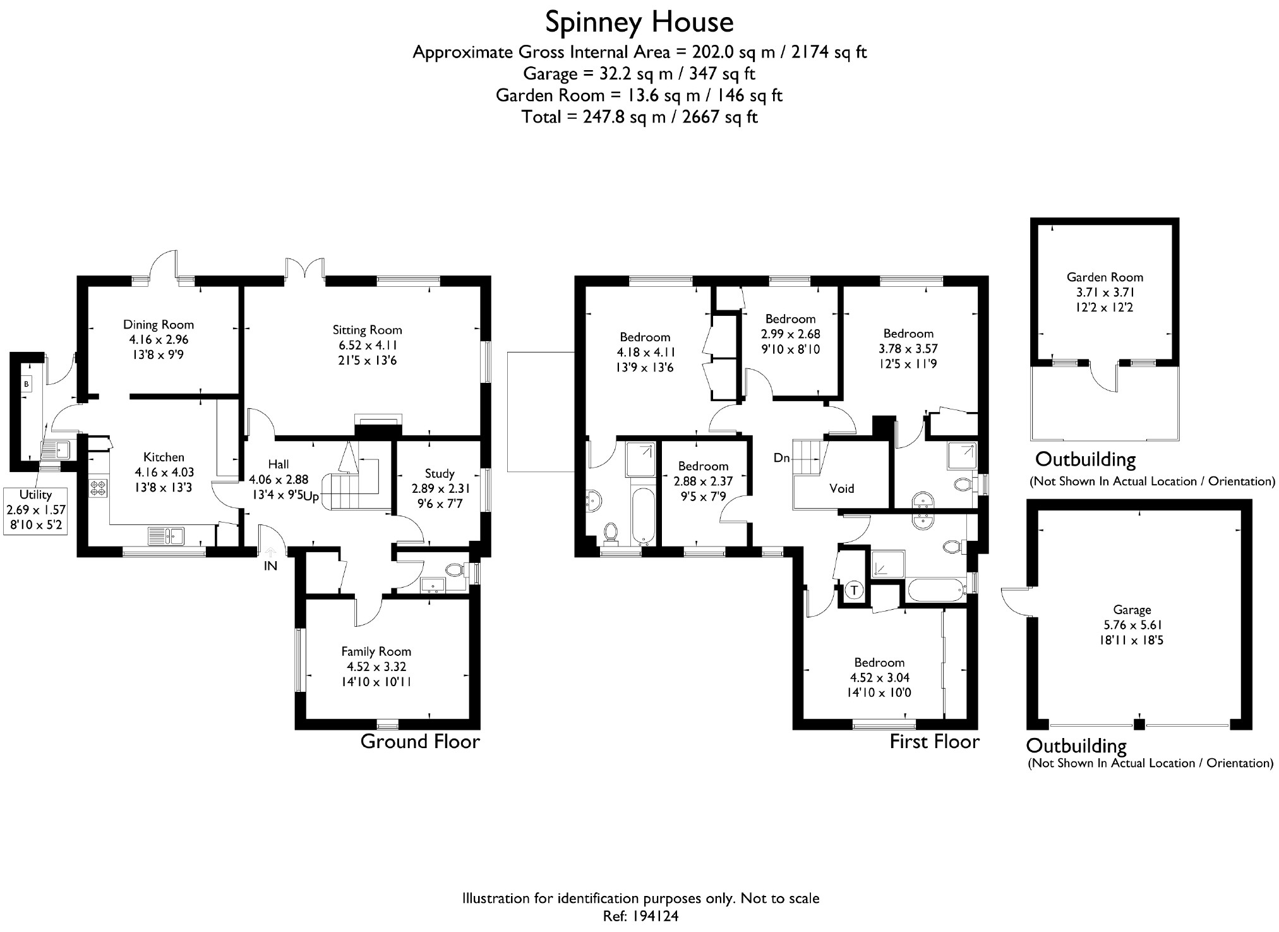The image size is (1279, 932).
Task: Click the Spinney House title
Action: [639, 23]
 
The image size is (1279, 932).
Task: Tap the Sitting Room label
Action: [367, 330]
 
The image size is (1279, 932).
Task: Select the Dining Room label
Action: [158, 325]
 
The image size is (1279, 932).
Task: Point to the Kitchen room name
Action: [164, 457]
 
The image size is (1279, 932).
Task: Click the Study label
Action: [440, 473]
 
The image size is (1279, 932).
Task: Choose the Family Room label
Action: [376, 651]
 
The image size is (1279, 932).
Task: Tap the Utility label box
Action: [35, 510]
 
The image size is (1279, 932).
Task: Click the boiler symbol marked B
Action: [27, 384]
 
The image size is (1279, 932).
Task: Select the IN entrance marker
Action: [270, 566]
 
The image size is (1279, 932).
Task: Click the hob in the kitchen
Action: [98, 488]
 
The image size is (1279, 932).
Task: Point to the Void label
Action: [841, 488]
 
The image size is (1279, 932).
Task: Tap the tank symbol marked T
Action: [854, 590]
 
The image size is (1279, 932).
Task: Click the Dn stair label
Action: [781, 457]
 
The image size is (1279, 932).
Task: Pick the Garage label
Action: [1132, 610]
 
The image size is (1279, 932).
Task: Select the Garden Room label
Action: [1105, 277]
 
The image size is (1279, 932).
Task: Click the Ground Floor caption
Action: [420, 741]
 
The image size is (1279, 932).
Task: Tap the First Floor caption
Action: [934, 741]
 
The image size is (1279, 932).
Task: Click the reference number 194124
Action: [653, 916]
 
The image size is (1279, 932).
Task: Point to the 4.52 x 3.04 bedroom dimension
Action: [879, 677]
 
